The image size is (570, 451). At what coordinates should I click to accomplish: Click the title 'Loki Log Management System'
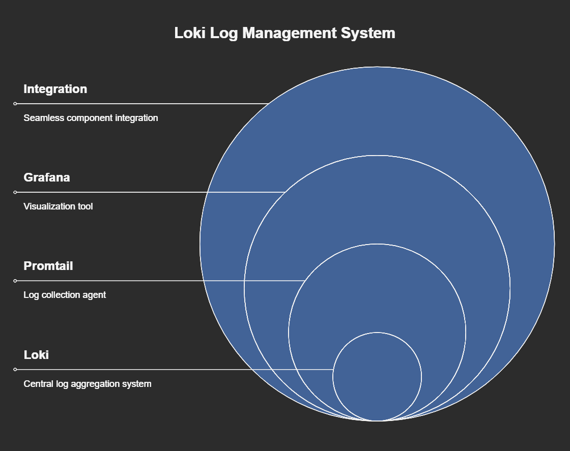284,33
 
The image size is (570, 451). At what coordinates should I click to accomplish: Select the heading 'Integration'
55,89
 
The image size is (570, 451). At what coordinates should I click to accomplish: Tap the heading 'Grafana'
47,177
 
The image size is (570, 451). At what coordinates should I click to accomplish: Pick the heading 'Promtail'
48,266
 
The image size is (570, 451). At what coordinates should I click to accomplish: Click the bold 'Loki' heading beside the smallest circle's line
36,354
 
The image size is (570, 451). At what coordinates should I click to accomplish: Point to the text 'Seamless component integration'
91,118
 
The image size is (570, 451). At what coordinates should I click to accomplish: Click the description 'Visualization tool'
58,206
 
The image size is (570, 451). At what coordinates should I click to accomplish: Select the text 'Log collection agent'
65,295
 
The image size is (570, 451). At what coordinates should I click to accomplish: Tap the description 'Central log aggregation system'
88,384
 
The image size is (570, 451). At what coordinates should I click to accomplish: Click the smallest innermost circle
377,377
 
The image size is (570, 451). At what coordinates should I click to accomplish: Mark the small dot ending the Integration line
15,104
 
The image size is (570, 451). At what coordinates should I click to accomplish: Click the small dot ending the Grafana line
15,192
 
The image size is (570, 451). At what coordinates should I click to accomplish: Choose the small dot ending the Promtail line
15,281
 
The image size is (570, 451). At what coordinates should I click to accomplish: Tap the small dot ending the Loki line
15,369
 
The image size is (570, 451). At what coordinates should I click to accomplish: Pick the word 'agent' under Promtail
95,295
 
